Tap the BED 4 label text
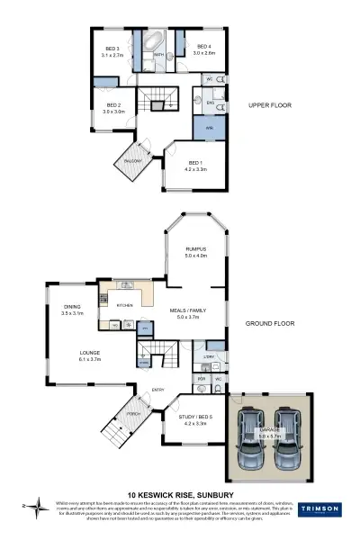[202, 46]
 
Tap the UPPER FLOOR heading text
[267, 105]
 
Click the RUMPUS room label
[196, 249]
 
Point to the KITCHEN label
[125, 306]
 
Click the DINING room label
[72, 310]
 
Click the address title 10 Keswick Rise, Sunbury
[180, 494]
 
